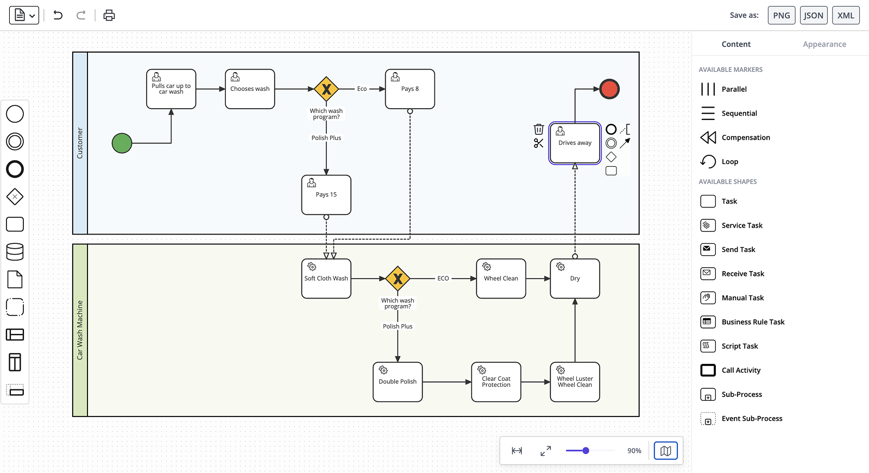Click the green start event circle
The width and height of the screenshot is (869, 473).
(x=122, y=143)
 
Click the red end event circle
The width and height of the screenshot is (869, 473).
(x=609, y=89)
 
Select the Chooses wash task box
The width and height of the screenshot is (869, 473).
(x=250, y=89)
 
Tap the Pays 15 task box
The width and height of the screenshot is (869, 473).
(x=326, y=195)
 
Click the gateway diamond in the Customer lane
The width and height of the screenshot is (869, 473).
(x=326, y=89)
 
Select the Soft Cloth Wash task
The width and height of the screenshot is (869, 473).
(x=326, y=279)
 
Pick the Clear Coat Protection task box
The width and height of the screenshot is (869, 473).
(x=496, y=382)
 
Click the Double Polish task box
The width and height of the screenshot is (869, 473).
(x=398, y=382)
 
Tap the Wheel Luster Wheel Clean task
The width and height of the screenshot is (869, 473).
(x=575, y=382)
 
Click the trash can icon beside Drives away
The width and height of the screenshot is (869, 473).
(x=538, y=129)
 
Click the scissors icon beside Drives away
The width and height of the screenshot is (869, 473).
(x=538, y=143)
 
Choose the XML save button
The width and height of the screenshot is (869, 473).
(x=846, y=15)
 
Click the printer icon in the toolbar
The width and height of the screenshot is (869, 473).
(x=109, y=15)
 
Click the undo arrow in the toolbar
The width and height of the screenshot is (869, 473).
(x=58, y=15)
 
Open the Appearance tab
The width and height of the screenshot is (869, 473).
(x=824, y=45)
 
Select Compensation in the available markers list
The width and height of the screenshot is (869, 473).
(x=745, y=137)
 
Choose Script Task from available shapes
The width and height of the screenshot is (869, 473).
(x=739, y=346)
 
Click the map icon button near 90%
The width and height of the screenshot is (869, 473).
(x=665, y=451)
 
